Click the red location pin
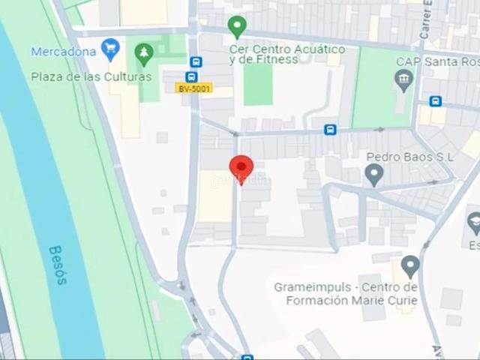click(241, 168)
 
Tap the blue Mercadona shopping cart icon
click(111, 49)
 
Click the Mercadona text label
click(63, 52)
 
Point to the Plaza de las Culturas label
click(91, 76)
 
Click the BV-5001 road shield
click(193, 88)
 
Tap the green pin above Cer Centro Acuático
click(237, 26)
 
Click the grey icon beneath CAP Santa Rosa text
click(404, 80)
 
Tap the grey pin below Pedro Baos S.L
click(373, 175)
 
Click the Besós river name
click(58, 265)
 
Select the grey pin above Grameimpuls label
click(409, 265)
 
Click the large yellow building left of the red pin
click(216, 196)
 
